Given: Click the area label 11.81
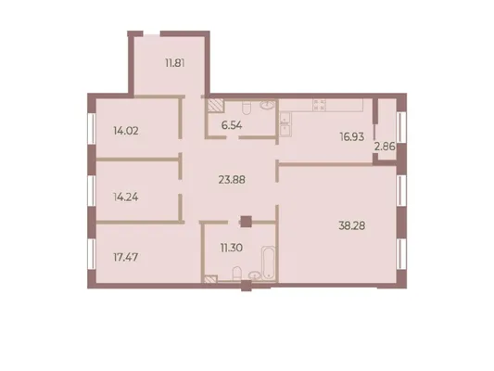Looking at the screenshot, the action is coord(175,63).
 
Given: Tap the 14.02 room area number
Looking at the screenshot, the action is coord(126,131).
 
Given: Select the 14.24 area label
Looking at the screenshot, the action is coord(126,197).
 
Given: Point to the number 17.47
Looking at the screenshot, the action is coord(125,257).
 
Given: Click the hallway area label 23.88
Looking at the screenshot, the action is coord(232,180).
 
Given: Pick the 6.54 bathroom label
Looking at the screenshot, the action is coord(232,125).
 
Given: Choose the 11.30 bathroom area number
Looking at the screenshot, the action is coord(232,248).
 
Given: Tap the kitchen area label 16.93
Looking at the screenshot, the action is coord(352,136).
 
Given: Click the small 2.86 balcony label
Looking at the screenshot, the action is coord(385,147).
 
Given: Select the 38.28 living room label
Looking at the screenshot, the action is coord(352,225).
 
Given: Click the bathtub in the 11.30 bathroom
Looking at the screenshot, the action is coord(268,262).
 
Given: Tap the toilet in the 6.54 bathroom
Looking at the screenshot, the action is coord(246,108).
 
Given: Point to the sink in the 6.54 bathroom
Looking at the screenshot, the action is coord(268,105).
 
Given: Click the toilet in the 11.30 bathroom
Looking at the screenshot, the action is coord(237,273).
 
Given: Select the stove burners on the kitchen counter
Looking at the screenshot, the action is coord(319,105).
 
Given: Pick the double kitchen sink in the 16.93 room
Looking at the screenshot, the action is coord(285,124).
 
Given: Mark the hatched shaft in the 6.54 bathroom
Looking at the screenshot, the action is coord(216,106).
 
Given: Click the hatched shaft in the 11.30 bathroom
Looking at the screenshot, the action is coord(210,278).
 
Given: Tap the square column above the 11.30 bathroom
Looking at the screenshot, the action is coord(246,222).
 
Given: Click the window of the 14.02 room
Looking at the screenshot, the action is coord(92,128).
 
